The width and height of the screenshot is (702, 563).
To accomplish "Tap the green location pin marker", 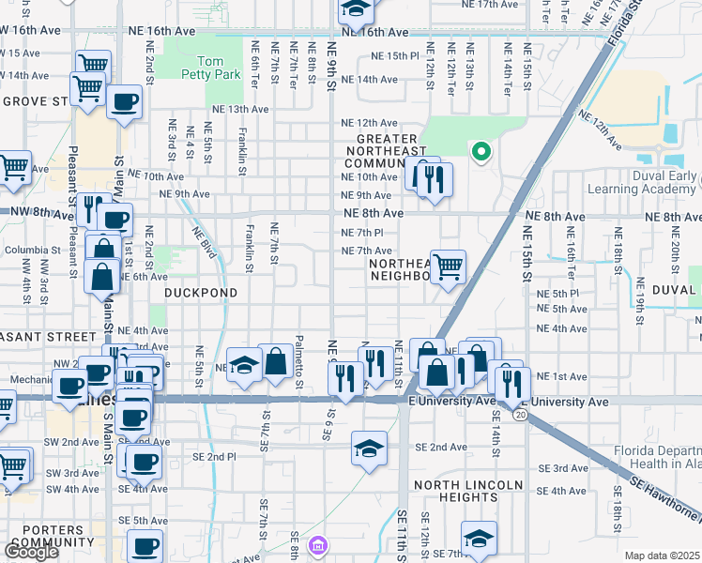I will pyautogui.click(x=481, y=151).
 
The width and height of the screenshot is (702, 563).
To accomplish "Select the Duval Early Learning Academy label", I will pyautogui.click(x=642, y=182).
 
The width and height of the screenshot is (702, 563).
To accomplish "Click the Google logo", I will pyautogui.click(x=31, y=551).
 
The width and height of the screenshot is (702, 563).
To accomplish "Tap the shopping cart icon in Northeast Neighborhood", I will pyautogui.click(x=448, y=266).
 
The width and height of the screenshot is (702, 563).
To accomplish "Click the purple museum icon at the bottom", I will pyautogui.click(x=318, y=545).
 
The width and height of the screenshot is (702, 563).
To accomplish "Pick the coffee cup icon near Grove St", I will pyautogui.click(x=124, y=101).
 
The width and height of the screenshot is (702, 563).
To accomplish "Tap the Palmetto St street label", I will pyautogui.click(x=299, y=360).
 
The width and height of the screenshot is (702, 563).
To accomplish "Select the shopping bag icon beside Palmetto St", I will pyautogui.click(x=277, y=361).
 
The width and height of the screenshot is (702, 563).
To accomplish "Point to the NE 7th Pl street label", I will pyautogui.click(x=362, y=232).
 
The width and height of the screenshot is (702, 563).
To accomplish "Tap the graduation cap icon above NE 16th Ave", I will pyautogui.click(x=356, y=9).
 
